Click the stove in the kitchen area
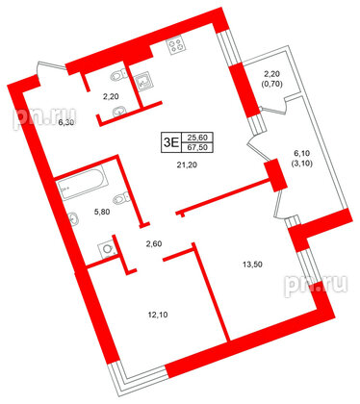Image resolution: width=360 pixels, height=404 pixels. pos(176,45)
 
